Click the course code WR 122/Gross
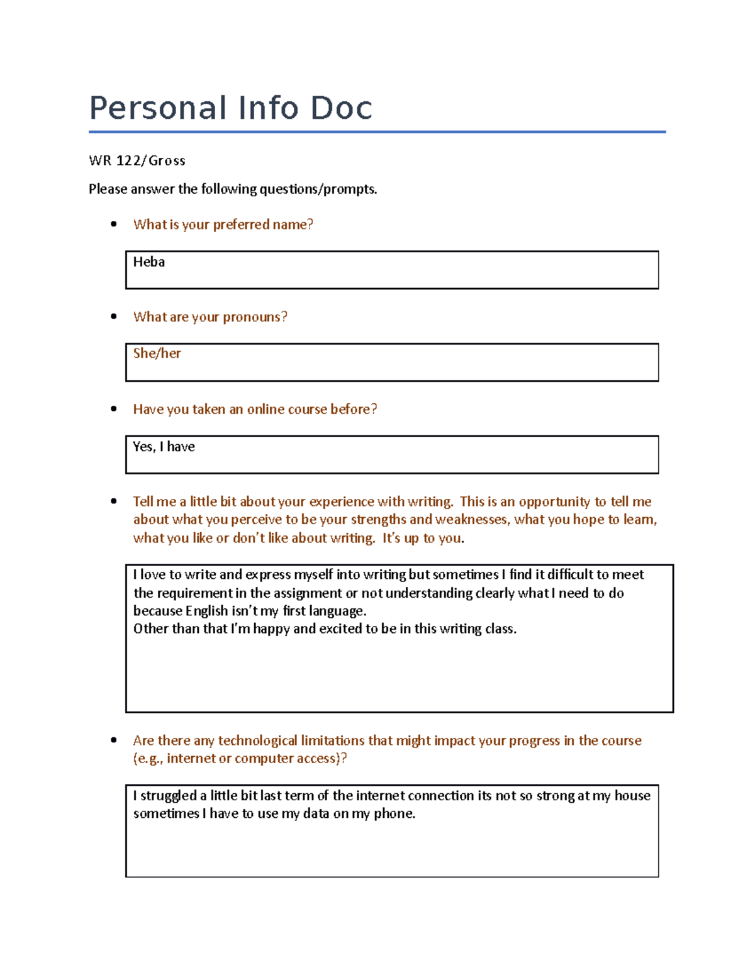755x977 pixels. pos(137,160)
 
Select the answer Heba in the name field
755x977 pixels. pos(149,262)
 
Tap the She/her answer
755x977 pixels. pos(157,354)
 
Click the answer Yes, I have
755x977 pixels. pos(164,447)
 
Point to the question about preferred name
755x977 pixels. pos(223,225)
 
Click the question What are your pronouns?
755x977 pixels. pos(210,317)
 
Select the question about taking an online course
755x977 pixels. pos(255,410)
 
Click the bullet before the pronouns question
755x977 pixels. pos(114,316)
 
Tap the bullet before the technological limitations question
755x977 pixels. pos(114,740)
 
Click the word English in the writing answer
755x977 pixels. pos(206,611)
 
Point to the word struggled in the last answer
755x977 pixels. pos(169,796)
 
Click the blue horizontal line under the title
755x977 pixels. pos(377,132)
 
